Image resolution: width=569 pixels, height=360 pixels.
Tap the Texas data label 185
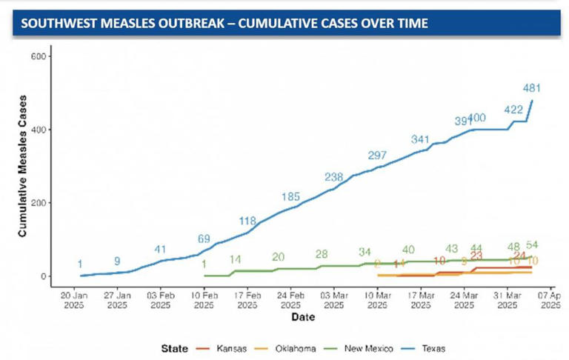[290, 197]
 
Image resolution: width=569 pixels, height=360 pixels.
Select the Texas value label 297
[378, 156]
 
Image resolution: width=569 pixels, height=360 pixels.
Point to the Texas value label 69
[204, 239]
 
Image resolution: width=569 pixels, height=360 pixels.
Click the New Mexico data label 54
[532, 245]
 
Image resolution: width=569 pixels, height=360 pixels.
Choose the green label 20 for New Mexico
[279, 257]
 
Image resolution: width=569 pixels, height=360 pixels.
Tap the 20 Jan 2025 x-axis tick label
[74, 299]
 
